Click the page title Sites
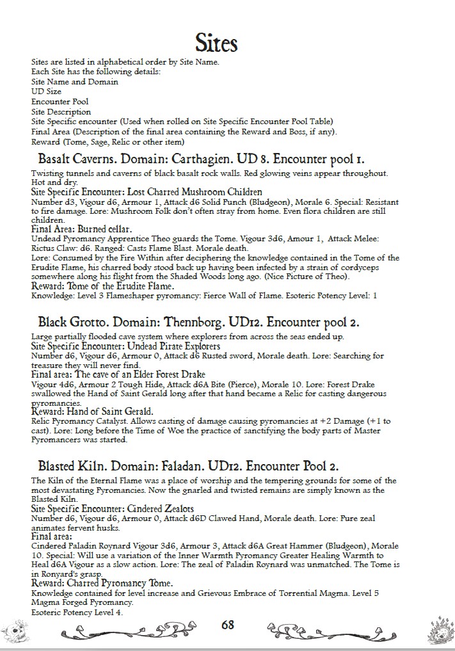[x=216, y=43]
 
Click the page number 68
[x=228, y=625]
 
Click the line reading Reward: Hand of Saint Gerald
[x=93, y=412]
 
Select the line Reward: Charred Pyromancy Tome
[x=102, y=583]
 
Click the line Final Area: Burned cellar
[x=81, y=228]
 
